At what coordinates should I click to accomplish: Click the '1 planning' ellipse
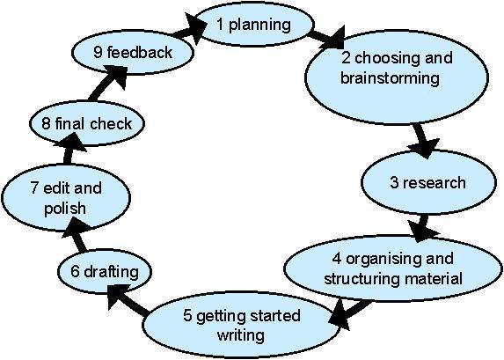(253, 25)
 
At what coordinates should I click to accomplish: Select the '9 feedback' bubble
(133, 52)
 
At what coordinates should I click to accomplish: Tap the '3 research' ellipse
(428, 182)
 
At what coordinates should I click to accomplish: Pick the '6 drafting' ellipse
(105, 272)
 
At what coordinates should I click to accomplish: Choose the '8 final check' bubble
(87, 123)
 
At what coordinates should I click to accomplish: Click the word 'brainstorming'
(390, 78)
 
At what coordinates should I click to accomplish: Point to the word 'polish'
(65, 209)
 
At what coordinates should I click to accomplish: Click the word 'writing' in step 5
(241, 335)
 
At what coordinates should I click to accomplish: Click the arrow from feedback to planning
(189, 29)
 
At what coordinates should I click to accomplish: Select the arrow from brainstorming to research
(423, 141)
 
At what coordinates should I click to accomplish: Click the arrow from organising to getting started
(349, 313)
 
